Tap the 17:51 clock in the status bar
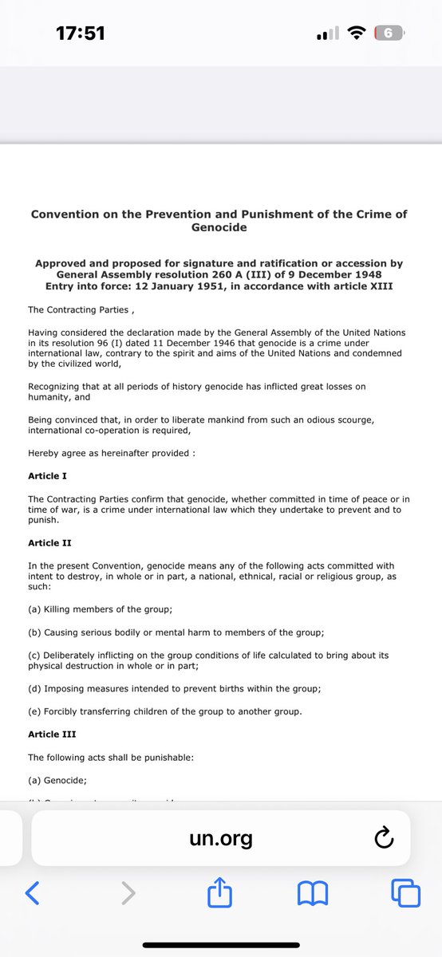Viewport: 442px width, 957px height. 81,33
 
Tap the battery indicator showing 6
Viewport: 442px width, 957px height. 389,33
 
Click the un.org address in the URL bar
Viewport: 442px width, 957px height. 221,838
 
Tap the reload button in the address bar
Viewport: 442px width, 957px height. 384,838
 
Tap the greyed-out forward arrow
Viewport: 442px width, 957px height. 128,893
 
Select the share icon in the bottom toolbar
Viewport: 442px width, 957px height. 219,892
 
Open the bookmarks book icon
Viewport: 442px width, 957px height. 313,893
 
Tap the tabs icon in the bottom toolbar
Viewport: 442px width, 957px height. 405,893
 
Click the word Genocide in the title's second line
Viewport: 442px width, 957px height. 219,227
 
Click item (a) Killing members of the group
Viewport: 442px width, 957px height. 101,609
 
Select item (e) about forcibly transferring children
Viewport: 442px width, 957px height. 165,711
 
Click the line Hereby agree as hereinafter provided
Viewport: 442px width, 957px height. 112,453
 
